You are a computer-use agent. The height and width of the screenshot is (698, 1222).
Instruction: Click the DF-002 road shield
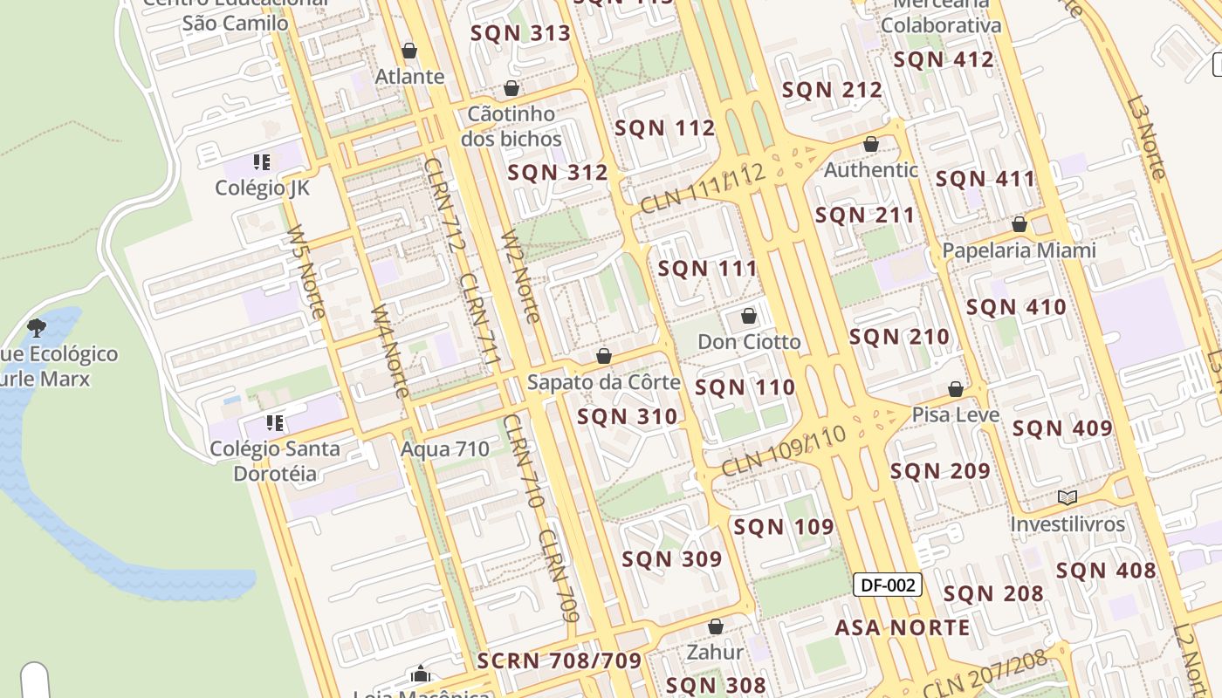pyautogui.click(x=887, y=585)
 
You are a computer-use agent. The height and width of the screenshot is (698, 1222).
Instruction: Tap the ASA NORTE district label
pyautogui.click(x=903, y=627)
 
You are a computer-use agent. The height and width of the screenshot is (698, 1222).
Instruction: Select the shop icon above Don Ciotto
pyautogui.click(x=749, y=316)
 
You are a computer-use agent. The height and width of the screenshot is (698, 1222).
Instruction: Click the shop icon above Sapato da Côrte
pyautogui.click(x=603, y=356)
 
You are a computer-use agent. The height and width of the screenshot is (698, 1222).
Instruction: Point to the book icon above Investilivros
pyautogui.click(x=1067, y=497)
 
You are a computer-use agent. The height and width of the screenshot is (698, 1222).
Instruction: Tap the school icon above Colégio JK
pyautogui.click(x=262, y=161)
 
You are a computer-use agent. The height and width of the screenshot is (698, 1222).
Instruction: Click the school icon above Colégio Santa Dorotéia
pyautogui.click(x=275, y=423)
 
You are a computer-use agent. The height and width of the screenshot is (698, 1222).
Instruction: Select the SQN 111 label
pyautogui.click(x=708, y=269)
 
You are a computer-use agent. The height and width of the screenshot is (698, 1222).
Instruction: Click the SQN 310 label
pyautogui.click(x=628, y=417)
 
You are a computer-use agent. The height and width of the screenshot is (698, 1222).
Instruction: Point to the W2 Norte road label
pyautogui.click(x=520, y=277)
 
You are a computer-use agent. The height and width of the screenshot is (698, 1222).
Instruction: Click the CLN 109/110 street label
pyautogui.click(x=784, y=451)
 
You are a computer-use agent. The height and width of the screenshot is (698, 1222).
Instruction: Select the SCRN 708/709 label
pyautogui.click(x=560, y=660)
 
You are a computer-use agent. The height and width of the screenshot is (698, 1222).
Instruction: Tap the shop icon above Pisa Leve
pyautogui.click(x=956, y=389)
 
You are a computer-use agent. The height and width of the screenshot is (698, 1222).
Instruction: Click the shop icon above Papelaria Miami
pyautogui.click(x=1019, y=225)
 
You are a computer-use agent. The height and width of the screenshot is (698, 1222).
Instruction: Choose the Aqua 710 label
pyautogui.click(x=445, y=449)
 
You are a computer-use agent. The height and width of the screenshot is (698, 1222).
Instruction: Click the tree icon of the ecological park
pyautogui.click(x=37, y=328)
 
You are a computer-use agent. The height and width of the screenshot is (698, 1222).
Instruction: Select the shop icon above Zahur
pyautogui.click(x=716, y=626)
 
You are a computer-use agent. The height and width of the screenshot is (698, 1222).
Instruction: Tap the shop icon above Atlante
pyautogui.click(x=409, y=51)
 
